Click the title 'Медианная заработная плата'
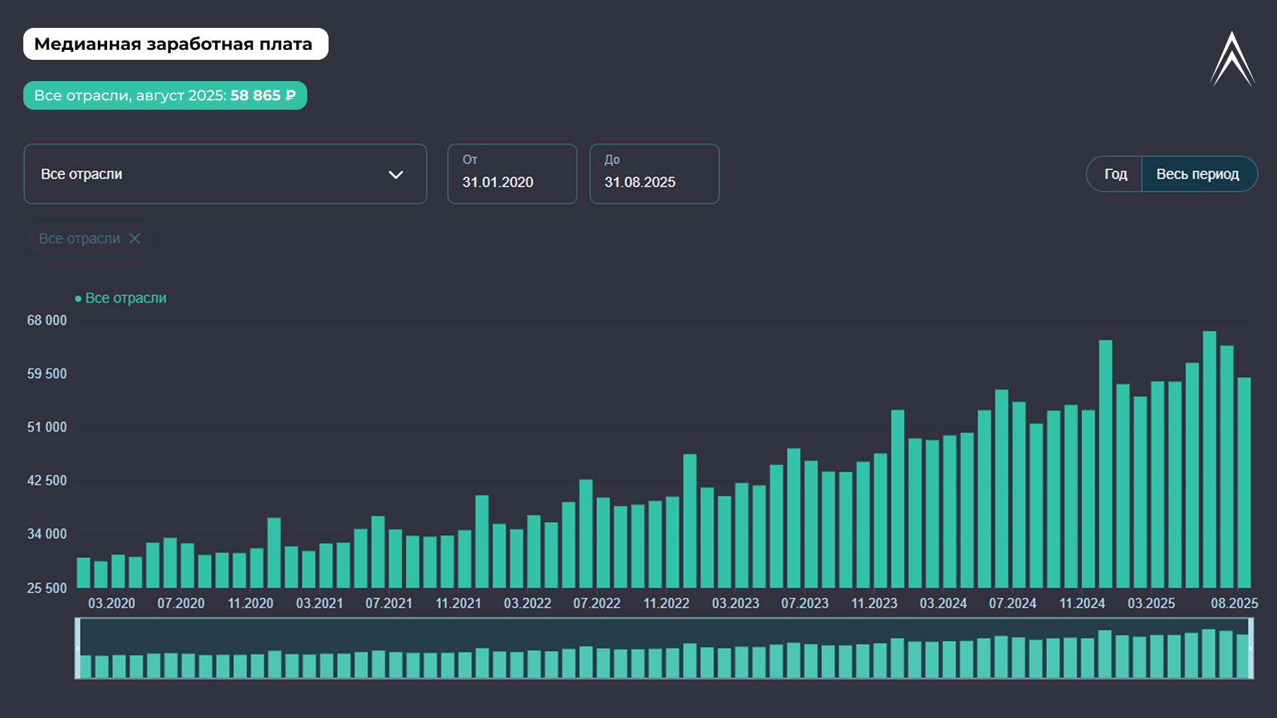tap(174, 44)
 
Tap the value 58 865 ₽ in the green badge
tap(263, 96)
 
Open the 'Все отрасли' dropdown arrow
tap(396, 175)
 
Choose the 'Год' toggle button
tap(1115, 174)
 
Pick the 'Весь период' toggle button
tap(1197, 174)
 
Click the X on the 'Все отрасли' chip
tap(135, 239)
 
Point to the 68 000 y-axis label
tap(47, 320)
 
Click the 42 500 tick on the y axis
tap(47, 481)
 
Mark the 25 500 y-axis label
tap(47, 588)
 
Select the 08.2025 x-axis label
tap(1234, 604)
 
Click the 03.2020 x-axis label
tap(112, 604)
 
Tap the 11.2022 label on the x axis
tap(666, 604)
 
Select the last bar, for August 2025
tap(1244, 483)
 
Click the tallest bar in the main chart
tap(1209, 459)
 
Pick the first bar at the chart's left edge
tap(84, 573)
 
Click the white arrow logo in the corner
tap(1232, 60)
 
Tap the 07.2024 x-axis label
tap(1012, 604)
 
